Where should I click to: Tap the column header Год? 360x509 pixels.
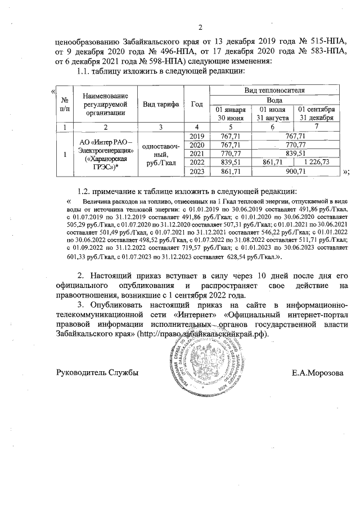click(196, 105)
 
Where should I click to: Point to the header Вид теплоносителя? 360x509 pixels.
click(274, 90)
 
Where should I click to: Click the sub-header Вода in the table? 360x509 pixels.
click(274, 100)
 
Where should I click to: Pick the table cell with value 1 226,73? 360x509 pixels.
click(317, 162)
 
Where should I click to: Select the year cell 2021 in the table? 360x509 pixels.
click(196, 153)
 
